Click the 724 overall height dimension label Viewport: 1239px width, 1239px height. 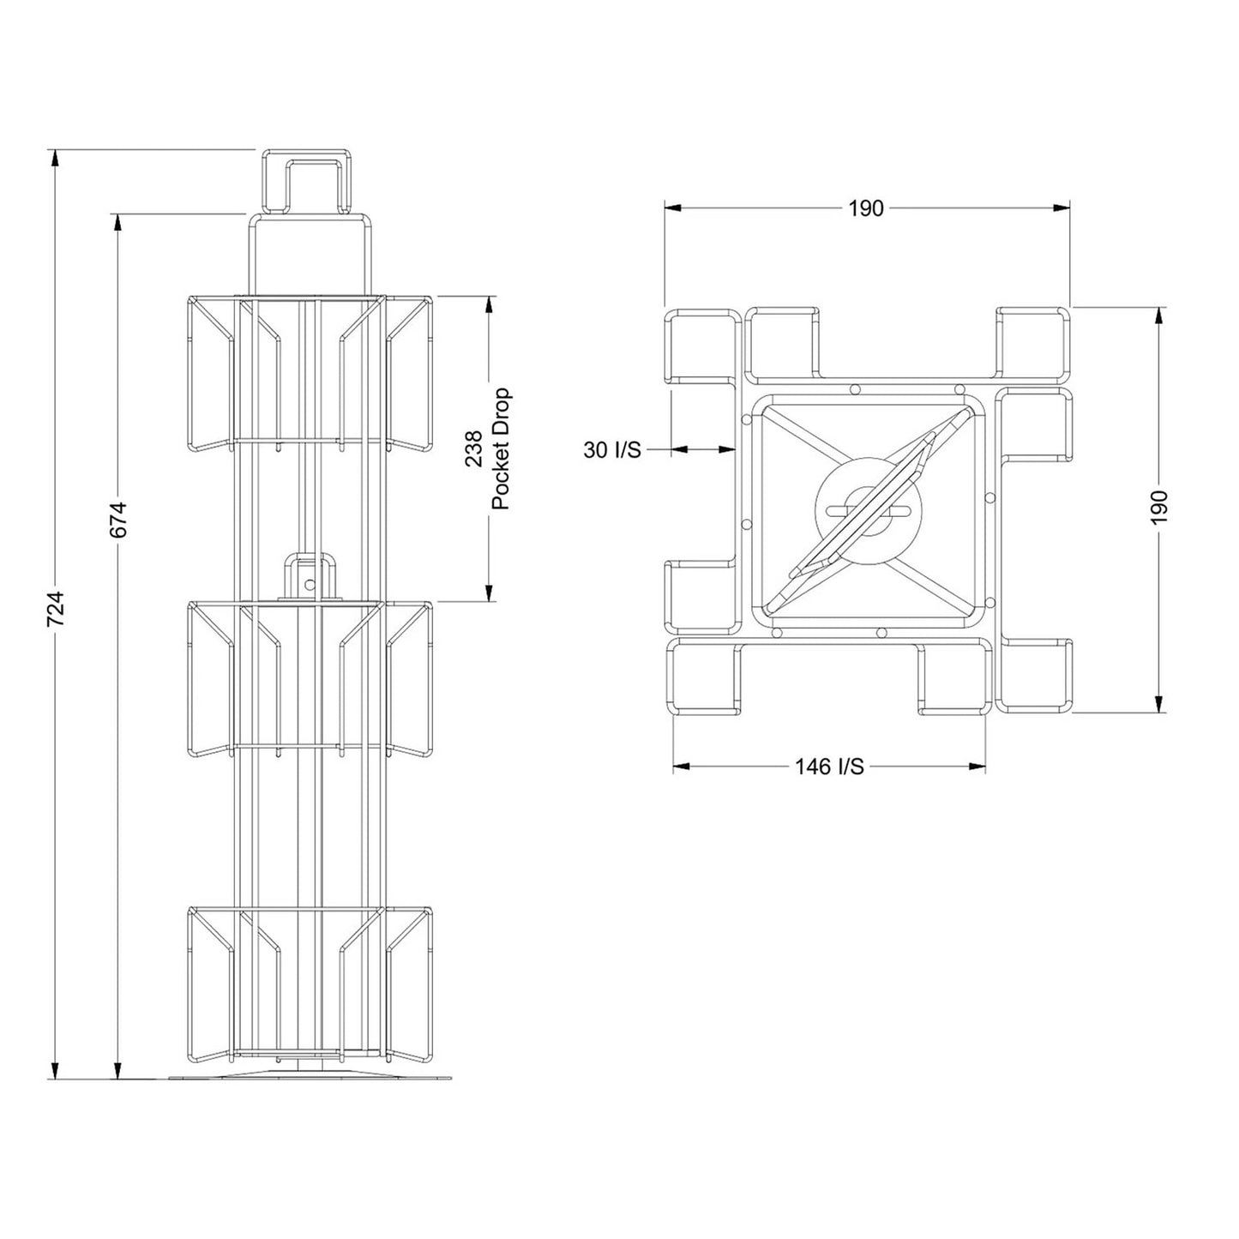55,608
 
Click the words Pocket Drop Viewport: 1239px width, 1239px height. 501,449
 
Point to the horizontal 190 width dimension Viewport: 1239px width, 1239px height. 865,208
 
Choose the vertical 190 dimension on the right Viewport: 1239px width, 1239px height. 1158,507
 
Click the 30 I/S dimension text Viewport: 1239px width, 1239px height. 611,449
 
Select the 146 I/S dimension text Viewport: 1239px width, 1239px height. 828,767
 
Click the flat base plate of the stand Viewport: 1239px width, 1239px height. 310,1075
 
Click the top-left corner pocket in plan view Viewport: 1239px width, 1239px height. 703,346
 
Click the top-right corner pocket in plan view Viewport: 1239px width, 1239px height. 1034,342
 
